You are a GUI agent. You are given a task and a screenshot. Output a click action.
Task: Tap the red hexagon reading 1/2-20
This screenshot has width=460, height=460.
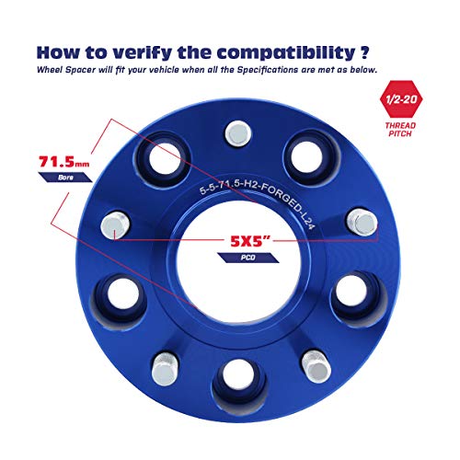coord(401,99)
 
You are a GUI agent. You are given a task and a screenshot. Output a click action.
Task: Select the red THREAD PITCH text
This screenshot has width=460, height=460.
coord(400,130)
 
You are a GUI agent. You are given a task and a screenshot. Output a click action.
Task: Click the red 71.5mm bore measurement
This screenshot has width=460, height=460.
coord(64,162)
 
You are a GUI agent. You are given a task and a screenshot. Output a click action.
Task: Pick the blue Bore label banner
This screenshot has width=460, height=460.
coord(65,178)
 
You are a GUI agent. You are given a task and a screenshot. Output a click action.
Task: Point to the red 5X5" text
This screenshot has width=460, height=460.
coord(250,241)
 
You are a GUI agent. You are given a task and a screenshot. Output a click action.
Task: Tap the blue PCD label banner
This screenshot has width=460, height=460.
coord(248,258)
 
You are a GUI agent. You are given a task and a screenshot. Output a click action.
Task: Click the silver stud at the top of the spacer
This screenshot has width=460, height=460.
coord(238,133)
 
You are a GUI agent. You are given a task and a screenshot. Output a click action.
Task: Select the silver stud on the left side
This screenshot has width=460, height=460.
coord(115,225)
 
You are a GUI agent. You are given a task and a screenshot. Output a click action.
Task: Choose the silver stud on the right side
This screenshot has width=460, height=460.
coord(362,223)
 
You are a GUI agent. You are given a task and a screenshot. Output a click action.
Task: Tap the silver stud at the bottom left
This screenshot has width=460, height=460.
coord(165,369)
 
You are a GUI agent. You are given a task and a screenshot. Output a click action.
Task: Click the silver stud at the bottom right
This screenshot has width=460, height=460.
coord(316,367)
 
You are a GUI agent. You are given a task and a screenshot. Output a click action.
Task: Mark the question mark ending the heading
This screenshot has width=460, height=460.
coord(364,52)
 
